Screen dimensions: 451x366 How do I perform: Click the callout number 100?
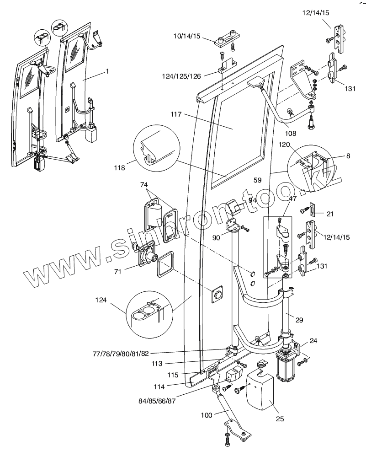[207, 415]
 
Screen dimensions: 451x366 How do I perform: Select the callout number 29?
[299, 320]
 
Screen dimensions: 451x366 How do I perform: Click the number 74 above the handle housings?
[145, 185]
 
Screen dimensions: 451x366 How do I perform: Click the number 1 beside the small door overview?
[107, 71]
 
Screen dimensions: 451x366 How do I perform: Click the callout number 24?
[313, 340]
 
